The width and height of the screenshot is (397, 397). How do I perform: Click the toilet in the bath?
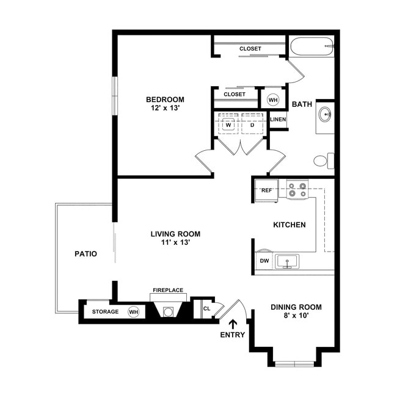pos(324,161)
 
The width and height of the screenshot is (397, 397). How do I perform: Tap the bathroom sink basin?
pos(325,114)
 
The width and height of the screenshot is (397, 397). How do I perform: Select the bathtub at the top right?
pos(312,46)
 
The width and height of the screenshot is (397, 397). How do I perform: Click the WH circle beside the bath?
pos(273,100)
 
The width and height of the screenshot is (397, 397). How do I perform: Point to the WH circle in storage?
pos(133,311)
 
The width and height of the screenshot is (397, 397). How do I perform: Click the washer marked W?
pos(228,125)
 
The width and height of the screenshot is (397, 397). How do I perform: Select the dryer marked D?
pos(252,125)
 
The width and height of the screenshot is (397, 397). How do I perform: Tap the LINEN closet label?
pos(278,119)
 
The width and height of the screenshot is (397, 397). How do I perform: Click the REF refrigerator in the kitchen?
pos(267,191)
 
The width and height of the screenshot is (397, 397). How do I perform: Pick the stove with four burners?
pos(297,189)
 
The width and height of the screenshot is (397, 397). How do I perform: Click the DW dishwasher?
pos(264,260)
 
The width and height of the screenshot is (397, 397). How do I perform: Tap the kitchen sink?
pos(287,261)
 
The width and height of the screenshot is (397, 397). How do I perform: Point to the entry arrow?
pos(233,324)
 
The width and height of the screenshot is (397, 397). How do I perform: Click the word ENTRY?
pos(233,335)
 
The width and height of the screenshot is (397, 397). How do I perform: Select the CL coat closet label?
pos(206,308)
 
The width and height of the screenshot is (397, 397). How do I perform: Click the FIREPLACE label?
pos(168,290)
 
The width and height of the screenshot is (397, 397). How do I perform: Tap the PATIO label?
pos(86,253)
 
